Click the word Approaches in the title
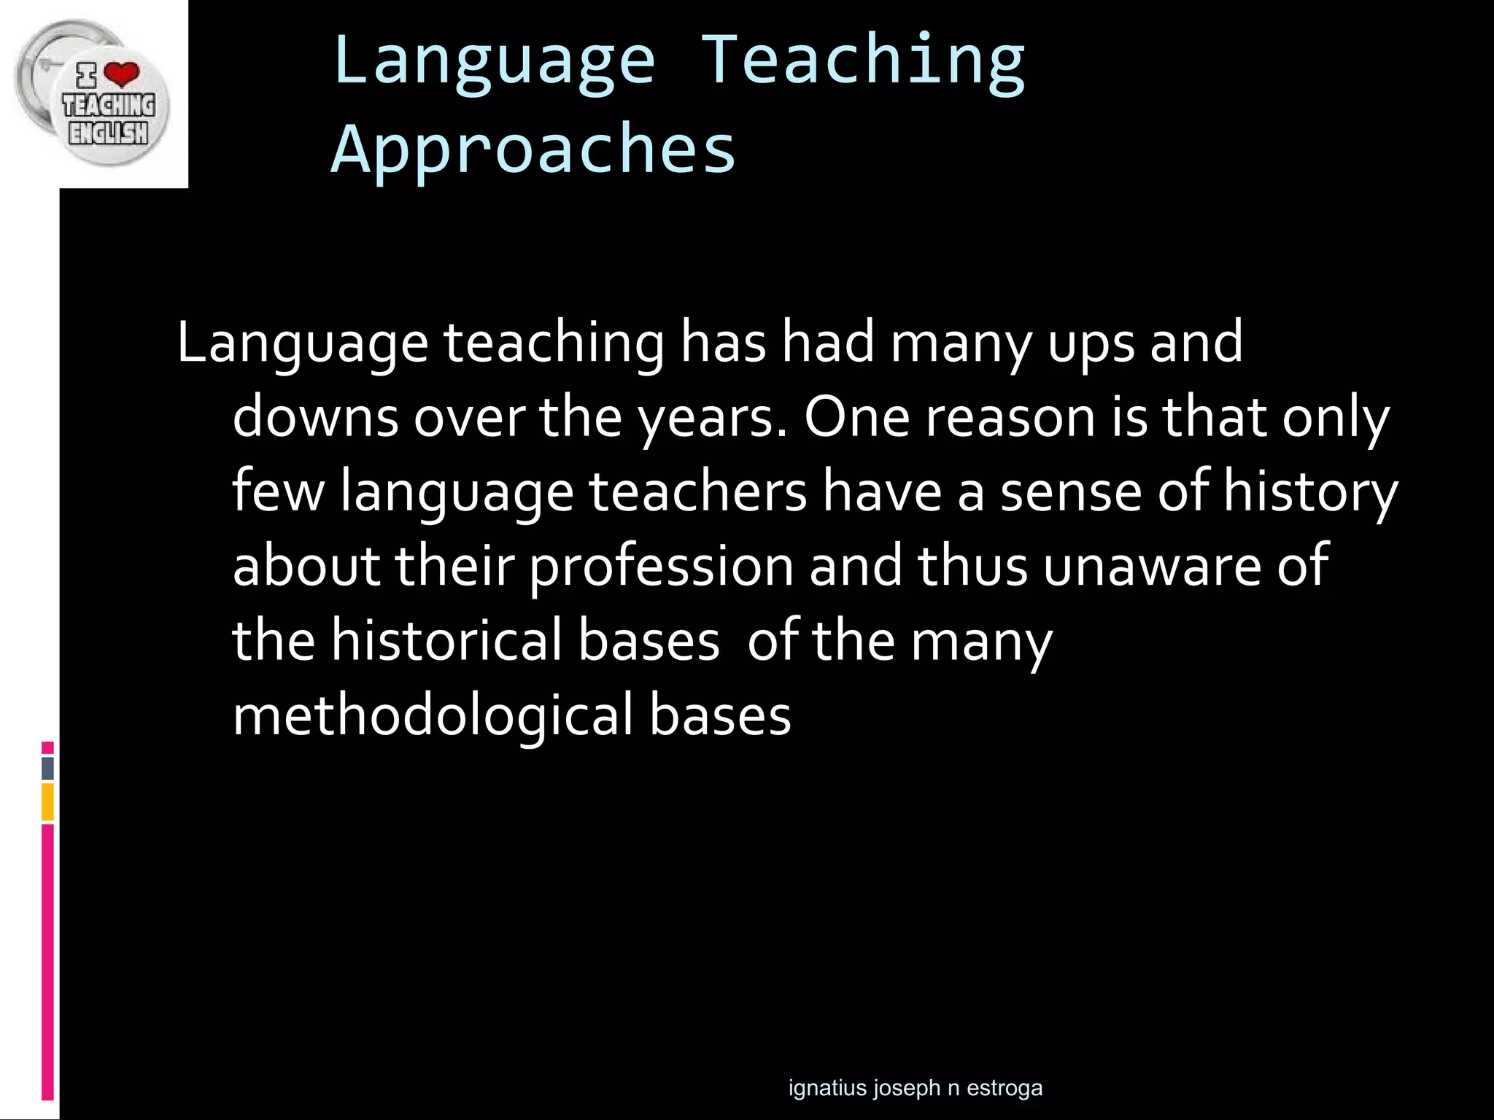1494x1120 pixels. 533,149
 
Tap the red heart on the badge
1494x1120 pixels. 121,74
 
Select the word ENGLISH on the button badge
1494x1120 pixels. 108,133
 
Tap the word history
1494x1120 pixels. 1310,493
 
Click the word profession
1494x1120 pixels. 661,567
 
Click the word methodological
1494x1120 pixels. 433,716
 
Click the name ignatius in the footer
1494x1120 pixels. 827,1089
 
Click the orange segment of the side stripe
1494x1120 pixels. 47,802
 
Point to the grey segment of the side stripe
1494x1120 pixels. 47,769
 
